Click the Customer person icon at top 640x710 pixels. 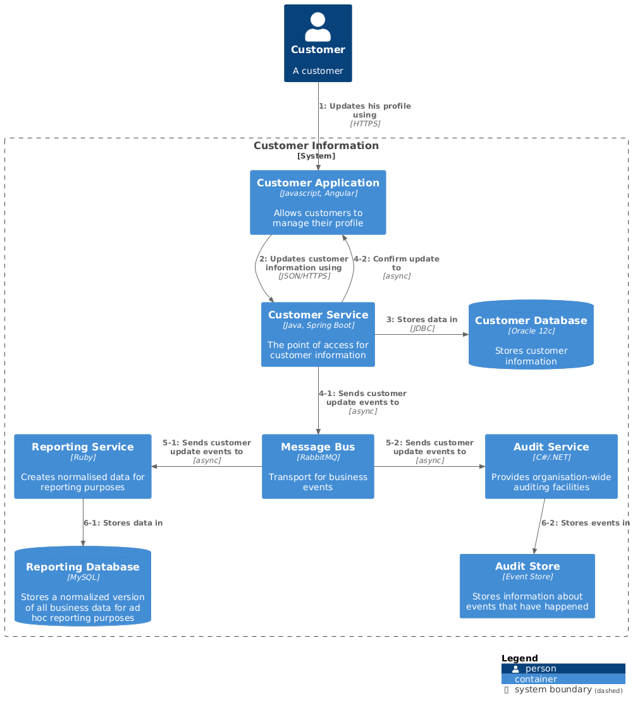(x=317, y=28)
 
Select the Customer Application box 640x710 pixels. (x=317, y=202)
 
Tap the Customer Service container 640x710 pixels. (x=317, y=334)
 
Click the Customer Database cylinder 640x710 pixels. (x=531, y=335)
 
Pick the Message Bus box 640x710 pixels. (x=317, y=466)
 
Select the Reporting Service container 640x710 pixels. (x=82, y=466)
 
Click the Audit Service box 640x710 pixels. (x=551, y=466)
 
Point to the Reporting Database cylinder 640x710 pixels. (x=82, y=586)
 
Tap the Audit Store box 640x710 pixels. (x=527, y=586)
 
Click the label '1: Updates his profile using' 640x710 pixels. (x=364, y=111)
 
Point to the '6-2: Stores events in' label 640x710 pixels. (x=585, y=523)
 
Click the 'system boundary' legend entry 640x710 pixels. (x=553, y=690)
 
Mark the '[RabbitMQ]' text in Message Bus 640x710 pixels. (x=317, y=457)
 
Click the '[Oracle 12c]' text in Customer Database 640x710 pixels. (x=531, y=331)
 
